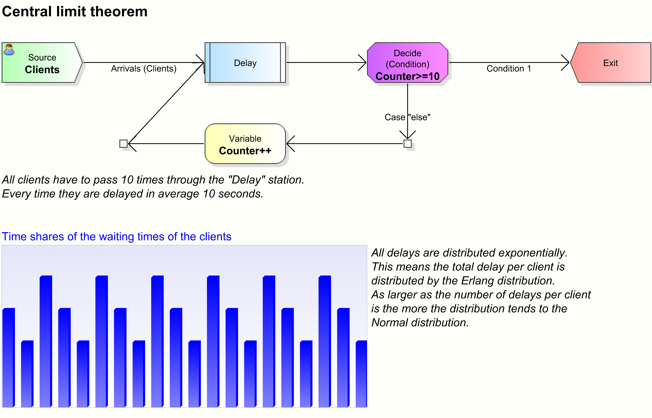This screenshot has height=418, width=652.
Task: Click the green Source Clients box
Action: pos(42,63)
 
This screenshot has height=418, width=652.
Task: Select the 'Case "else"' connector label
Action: pos(407,117)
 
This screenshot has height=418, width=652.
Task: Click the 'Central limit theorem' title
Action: pos(75,12)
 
